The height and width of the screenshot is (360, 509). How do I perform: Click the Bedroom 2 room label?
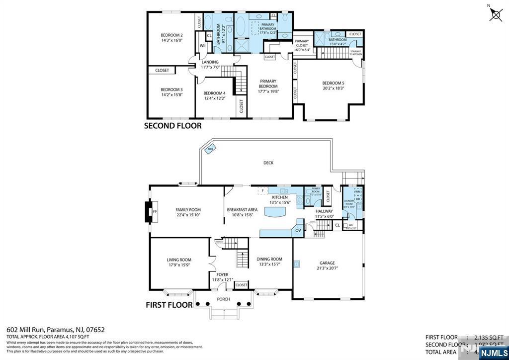coord(171,35)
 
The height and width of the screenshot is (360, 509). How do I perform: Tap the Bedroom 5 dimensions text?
coord(333,88)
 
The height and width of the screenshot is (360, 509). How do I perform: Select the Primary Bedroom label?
coord(268,83)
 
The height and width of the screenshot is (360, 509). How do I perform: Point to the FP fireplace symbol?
coord(154,212)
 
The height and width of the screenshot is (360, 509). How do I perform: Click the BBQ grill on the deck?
coord(210,149)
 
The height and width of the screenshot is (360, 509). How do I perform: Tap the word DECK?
coord(268,163)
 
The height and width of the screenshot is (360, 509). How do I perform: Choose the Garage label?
coord(327,263)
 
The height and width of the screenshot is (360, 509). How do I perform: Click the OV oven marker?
coord(298,230)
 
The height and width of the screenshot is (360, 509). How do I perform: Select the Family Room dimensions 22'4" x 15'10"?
coord(188,215)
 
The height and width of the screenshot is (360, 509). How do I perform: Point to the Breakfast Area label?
coord(242,210)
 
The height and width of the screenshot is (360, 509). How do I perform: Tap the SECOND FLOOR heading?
coord(172,126)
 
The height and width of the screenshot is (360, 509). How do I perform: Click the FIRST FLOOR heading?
coord(169,304)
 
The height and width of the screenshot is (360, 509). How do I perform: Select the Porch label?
coord(223,299)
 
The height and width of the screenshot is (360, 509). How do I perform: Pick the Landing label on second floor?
coord(210,62)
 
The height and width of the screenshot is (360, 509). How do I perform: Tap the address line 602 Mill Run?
coord(55,329)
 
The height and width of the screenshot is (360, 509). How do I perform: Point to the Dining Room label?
coord(269,259)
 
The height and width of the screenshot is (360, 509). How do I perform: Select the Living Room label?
coord(178,260)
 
